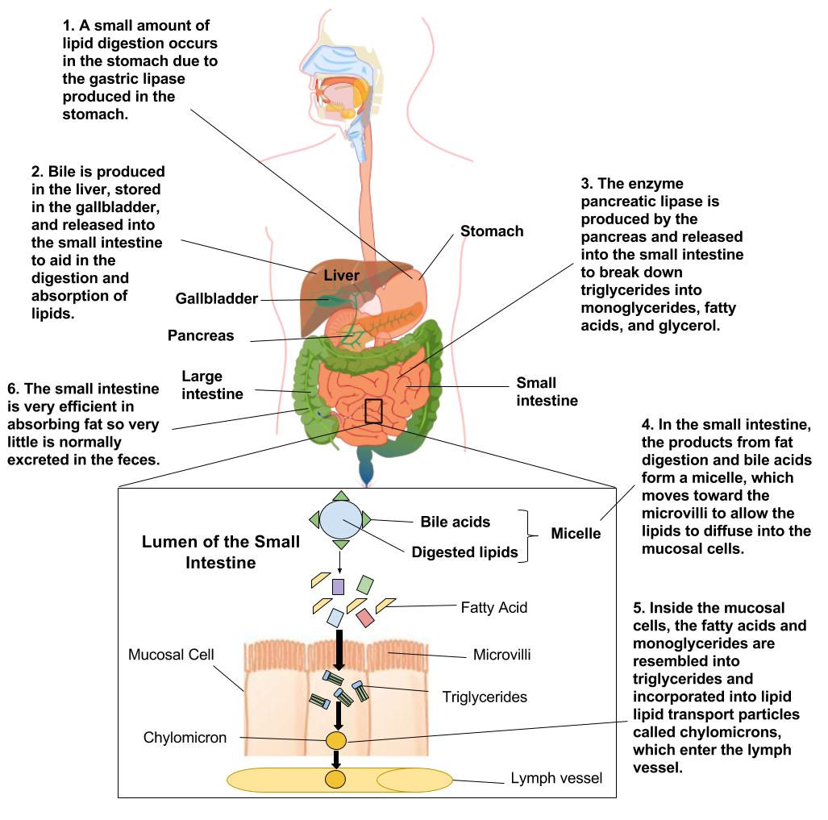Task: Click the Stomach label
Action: pos(492,231)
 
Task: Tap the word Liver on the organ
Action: pos(341,276)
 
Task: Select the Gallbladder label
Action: pos(217,299)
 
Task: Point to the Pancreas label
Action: pos(201,335)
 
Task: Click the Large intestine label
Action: pos(212,385)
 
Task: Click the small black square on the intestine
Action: pos(373,410)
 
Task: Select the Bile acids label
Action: pos(456,522)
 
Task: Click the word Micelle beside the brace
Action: pos(576,534)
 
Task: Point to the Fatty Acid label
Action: pos(494,607)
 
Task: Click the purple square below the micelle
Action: pos(339,586)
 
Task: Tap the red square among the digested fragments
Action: pos(364,618)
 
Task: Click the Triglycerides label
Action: pos(485,696)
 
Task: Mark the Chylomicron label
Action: pos(185,738)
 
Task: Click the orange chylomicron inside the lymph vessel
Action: pos(335,780)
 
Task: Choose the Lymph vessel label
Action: pos(556,779)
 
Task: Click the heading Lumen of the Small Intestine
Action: pos(221,552)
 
